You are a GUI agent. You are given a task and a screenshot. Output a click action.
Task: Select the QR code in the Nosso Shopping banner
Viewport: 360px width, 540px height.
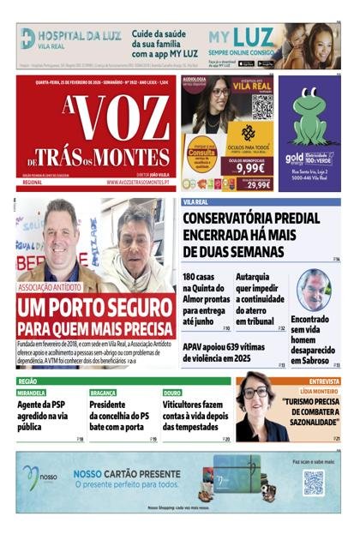click(x=313, y=482)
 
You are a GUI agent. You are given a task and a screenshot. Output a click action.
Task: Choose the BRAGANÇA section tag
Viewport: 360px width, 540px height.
click(x=103, y=392)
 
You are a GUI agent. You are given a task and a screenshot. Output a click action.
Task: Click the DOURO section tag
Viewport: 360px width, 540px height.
click(x=172, y=392)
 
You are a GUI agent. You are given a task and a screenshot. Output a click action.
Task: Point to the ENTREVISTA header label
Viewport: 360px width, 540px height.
click(x=324, y=381)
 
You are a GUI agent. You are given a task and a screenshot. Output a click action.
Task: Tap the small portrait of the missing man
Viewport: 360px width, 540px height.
click(x=314, y=289)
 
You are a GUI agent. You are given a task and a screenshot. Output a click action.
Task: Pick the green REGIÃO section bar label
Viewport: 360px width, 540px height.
click(x=27, y=381)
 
